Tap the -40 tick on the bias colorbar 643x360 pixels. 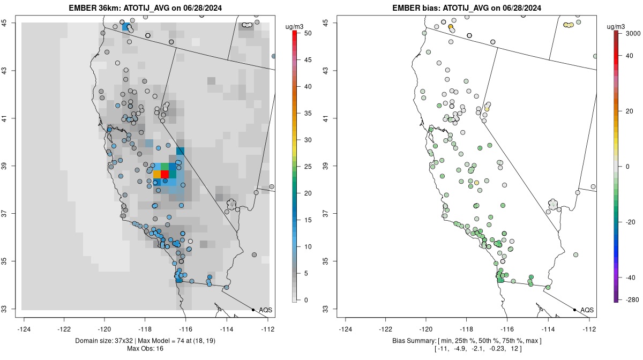[x=631, y=277]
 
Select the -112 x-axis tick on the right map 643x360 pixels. [x=589, y=329]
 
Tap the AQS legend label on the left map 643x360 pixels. [x=266, y=310]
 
